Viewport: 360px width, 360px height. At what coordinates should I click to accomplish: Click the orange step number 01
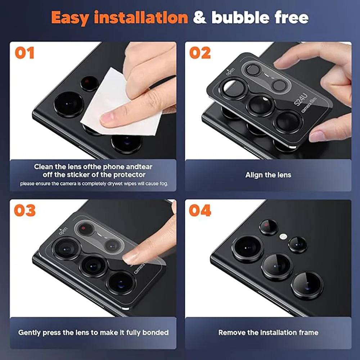coord(24,53)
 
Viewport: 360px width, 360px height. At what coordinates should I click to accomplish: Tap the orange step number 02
coord(200,53)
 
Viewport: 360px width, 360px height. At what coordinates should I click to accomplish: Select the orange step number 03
coord(25,210)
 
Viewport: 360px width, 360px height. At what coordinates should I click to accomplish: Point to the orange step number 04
coord(200,210)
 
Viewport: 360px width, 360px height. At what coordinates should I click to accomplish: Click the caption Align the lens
coord(268,175)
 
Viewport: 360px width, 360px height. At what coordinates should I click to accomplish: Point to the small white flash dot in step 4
coord(284,237)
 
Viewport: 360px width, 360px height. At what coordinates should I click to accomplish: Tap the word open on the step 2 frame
coord(230,71)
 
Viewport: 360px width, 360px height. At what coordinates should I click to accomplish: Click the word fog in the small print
coord(163,184)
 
